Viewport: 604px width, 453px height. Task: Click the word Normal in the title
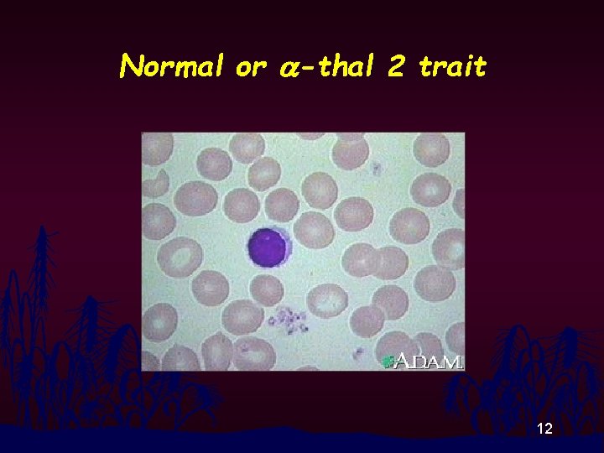pyautogui.click(x=171, y=66)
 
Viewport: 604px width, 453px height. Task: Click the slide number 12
pyautogui.click(x=544, y=430)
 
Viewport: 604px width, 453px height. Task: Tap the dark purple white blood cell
pyautogui.click(x=268, y=248)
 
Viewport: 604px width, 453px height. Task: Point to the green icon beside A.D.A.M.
pyautogui.click(x=388, y=362)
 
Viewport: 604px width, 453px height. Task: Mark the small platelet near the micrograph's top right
pyautogui.click(x=377, y=169)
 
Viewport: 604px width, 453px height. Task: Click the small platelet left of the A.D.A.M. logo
pyautogui.click(x=358, y=352)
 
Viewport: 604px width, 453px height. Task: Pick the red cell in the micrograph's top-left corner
pyautogui.click(x=157, y=149)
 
